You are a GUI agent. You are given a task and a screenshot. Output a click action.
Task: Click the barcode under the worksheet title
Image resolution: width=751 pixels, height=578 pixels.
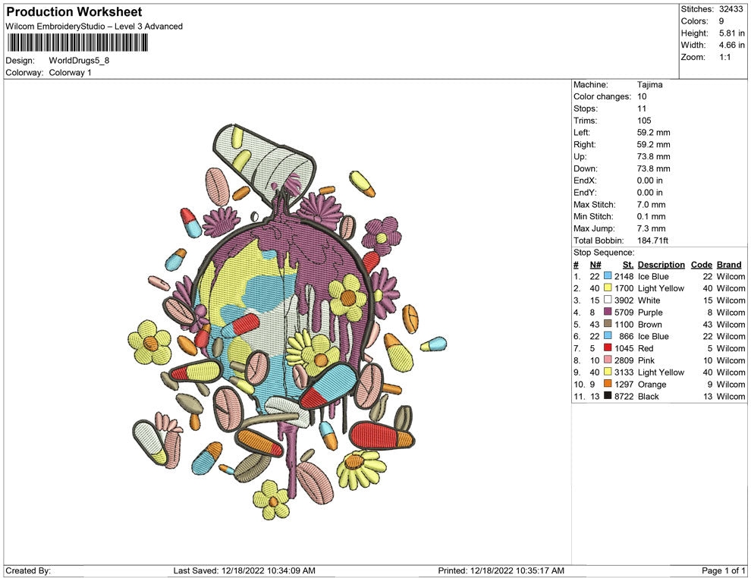[77, 42]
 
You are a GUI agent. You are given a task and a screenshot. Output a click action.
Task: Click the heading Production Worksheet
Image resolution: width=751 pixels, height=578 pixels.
[74, 12]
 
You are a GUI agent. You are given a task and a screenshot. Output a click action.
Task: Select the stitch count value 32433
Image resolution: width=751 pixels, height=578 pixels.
[731, 9]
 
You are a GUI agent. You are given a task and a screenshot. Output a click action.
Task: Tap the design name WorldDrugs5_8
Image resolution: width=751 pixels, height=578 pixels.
[79, 61]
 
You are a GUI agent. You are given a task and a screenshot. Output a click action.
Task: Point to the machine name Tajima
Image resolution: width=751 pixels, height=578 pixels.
[650, 85]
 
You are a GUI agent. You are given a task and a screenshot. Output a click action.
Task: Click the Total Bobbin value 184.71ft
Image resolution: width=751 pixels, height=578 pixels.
[652, 240]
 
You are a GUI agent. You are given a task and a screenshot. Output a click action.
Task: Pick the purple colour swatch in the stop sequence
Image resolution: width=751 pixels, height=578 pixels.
[608, 312]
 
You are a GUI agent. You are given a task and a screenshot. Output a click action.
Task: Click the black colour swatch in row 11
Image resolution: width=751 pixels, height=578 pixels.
[608, 395]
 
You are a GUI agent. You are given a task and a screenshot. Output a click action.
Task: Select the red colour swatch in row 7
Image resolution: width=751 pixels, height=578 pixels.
[608, 347]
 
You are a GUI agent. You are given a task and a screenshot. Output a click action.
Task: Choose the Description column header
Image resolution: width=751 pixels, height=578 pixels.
[661, 265]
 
